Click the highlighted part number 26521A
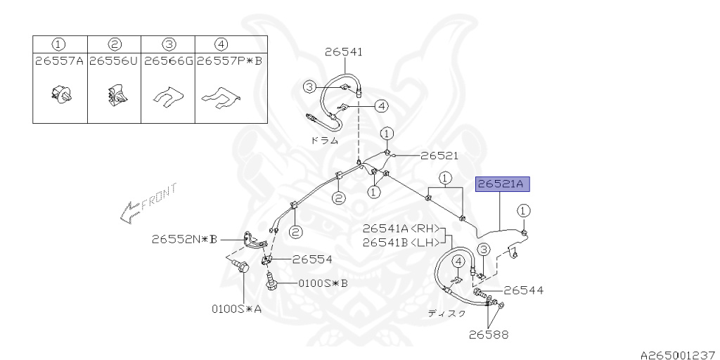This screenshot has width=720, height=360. (501, 185)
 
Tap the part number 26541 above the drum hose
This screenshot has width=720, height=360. (344, 51)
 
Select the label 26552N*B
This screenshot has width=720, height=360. (184, 239)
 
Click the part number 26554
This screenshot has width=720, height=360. (312, 259)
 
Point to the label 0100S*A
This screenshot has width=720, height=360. (237, 308)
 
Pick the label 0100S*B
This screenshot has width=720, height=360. (323, 283)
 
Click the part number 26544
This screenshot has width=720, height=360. (523, 290)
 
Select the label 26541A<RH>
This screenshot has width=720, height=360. (401, 229)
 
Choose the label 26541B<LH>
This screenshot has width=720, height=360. (401, 243)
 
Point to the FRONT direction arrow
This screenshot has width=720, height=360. (148, 203)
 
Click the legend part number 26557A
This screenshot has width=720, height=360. (59, 61)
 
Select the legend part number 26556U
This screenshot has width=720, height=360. (113, 61)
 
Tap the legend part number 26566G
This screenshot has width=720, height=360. (168, 61)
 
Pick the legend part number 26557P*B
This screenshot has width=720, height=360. (229, 61)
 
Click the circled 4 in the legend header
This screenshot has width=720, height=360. (221, 44)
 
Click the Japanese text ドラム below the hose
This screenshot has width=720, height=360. (324, 140)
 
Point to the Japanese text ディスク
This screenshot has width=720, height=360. (446, 314)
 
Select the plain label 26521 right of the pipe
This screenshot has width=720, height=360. (439, 155)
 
